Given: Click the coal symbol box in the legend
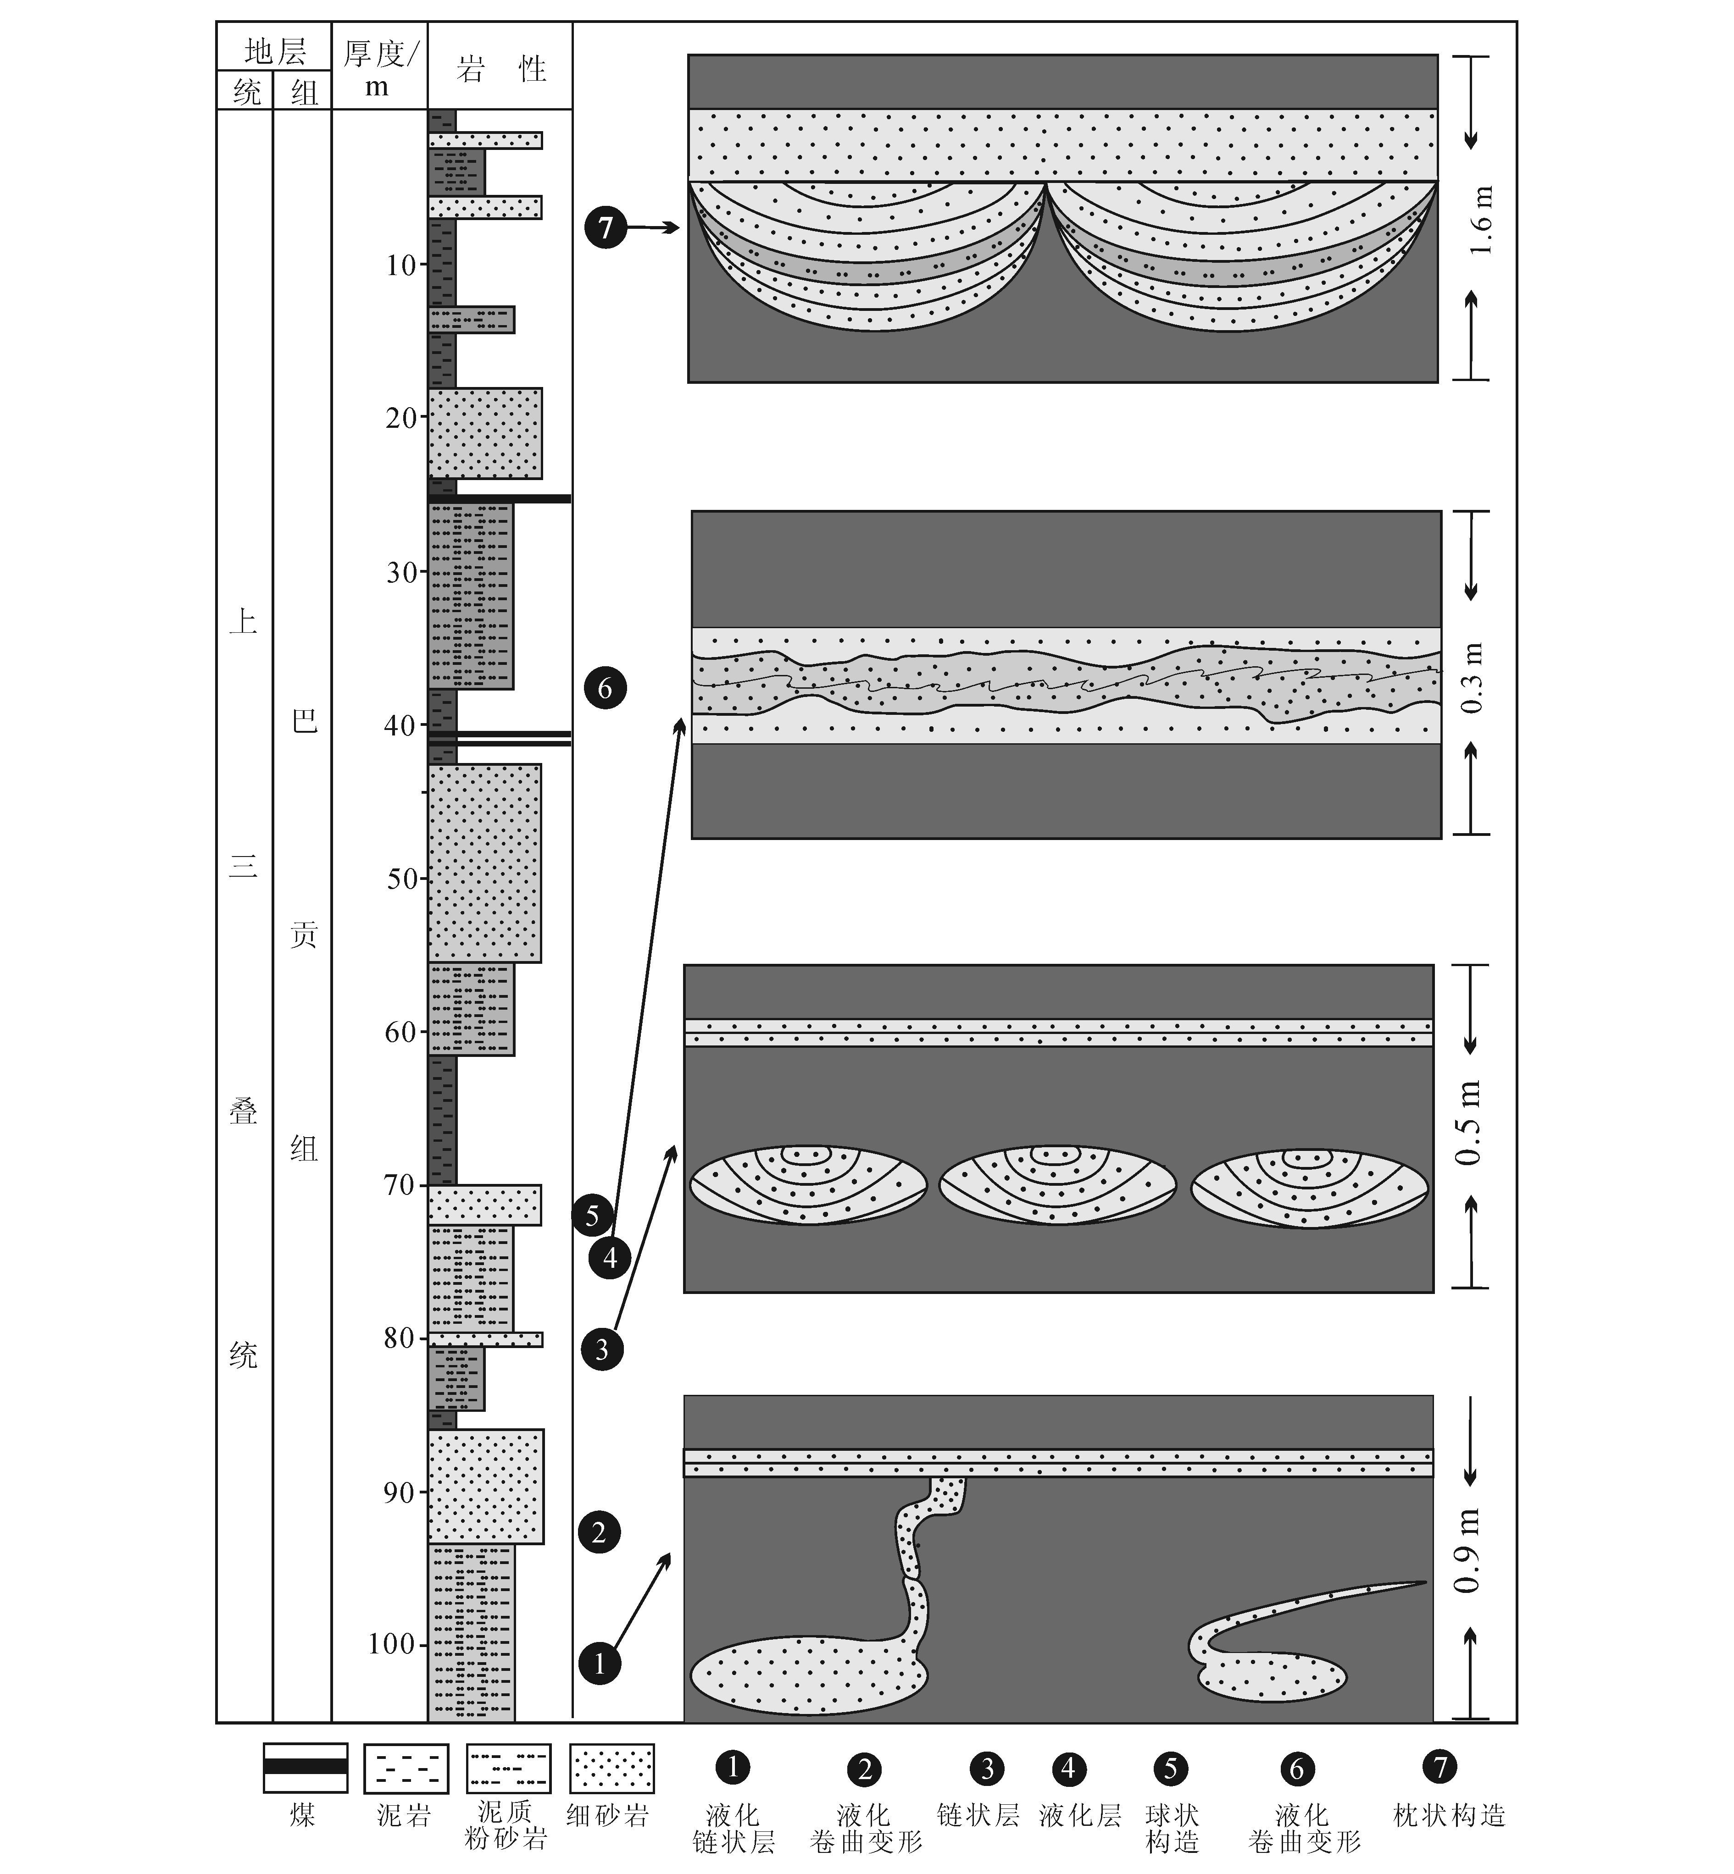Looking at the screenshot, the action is pos(305,1768).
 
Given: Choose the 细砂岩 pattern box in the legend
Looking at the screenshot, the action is pos(613,1768).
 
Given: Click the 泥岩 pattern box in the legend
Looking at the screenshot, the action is pos(406,1768).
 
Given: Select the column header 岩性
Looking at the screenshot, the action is pos(500,67).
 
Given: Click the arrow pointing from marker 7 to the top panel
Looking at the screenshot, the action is pos(654,227).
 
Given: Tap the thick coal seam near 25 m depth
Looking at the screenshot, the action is pos(499,498).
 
